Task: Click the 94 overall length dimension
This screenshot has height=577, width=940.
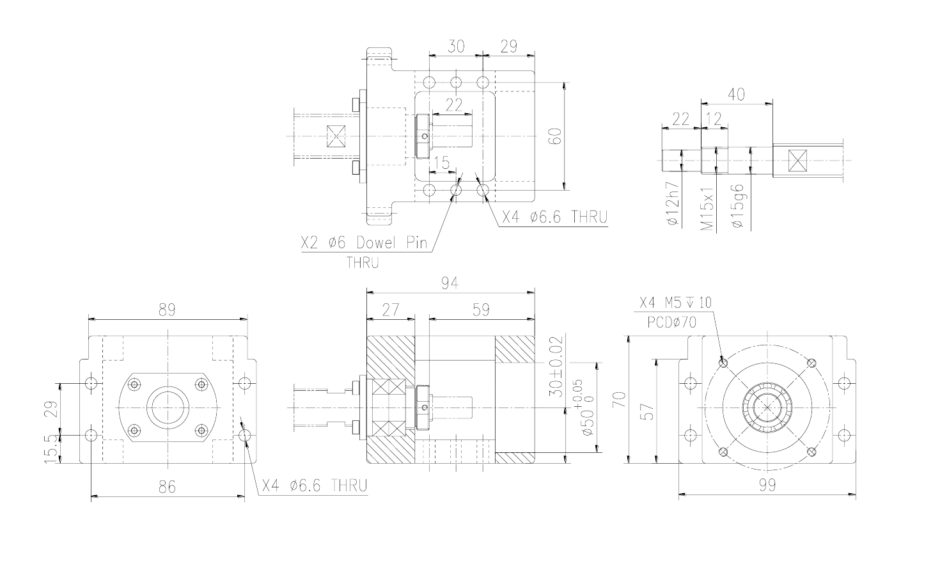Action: tap(450, 283)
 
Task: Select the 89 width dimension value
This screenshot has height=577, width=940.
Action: tap(167, 310)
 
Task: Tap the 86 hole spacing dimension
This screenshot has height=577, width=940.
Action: tap(167, 487)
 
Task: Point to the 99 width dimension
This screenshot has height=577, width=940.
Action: tap(767, 485)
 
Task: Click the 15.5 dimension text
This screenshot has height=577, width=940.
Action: tap(51, 448)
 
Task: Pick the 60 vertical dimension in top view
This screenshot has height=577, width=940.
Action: tap(555, 136)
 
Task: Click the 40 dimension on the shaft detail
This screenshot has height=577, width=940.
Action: tap(737, 95)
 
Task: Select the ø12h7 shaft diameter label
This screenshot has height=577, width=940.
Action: tap(673, 203)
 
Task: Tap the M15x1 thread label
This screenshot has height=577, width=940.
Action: tap(707, 209)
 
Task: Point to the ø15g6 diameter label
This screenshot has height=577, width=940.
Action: tap(737, 206)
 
